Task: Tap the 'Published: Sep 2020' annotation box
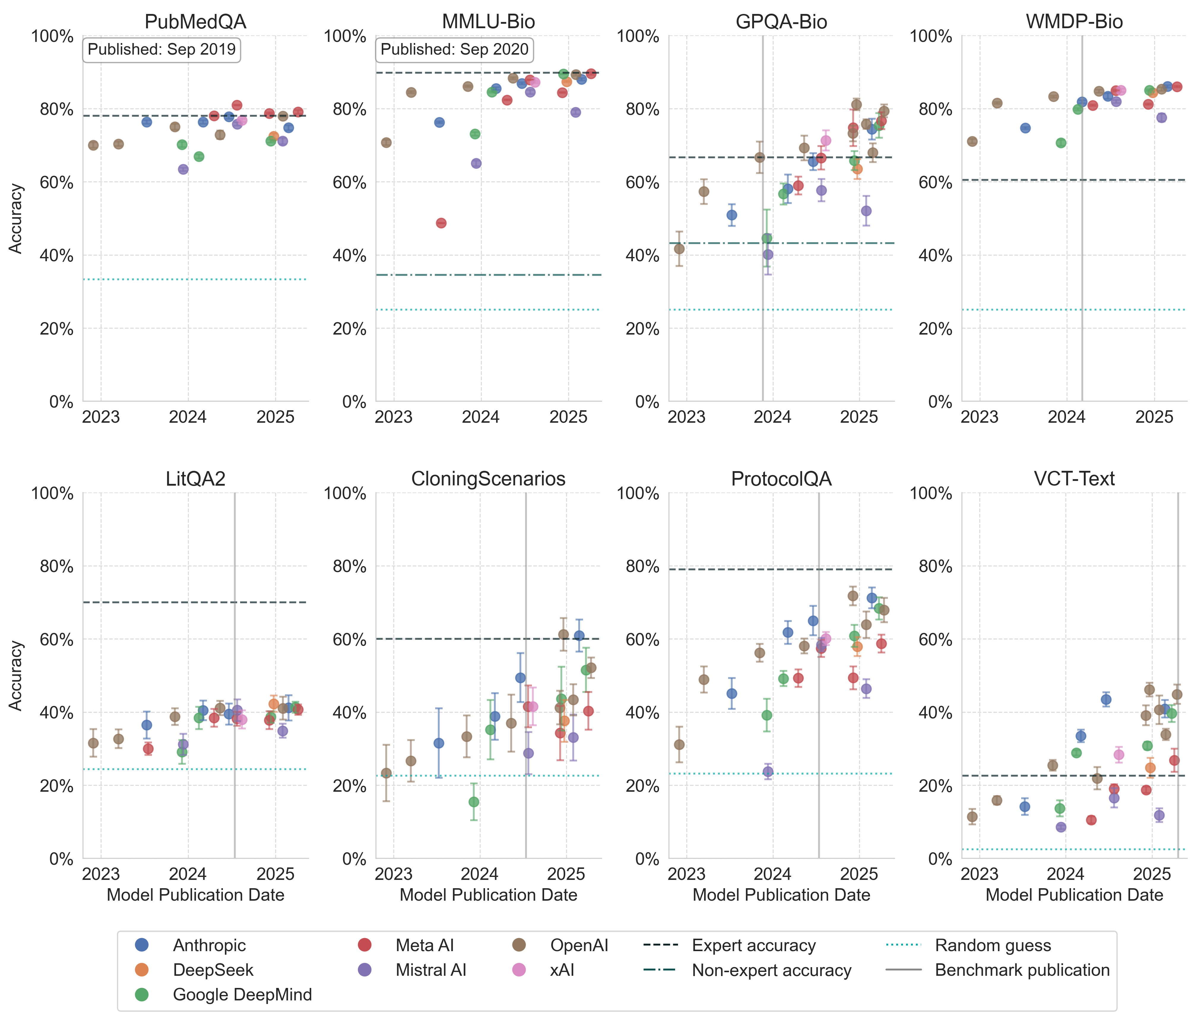point(454,50)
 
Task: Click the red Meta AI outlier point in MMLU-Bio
point(441,223)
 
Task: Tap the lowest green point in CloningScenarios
point(474,802)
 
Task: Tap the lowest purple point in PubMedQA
point(183,169)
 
